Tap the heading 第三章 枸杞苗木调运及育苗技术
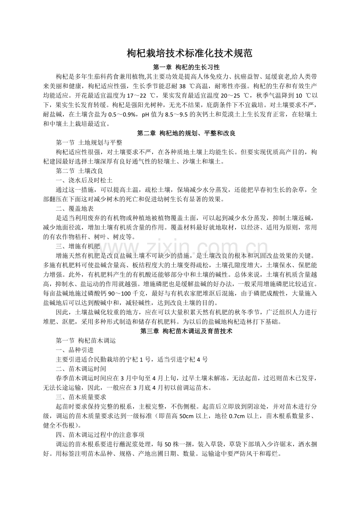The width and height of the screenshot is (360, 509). tap(186, 331)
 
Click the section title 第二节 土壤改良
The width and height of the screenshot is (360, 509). tap(79, 171)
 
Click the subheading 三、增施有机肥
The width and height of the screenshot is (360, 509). tap(79, 246)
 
